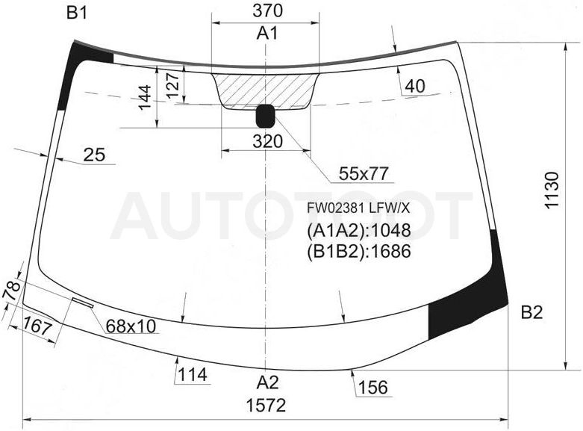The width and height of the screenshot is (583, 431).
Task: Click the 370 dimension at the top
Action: [267, 10]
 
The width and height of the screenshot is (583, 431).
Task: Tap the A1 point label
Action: [267, 34]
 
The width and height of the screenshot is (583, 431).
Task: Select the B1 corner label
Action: [77, 13]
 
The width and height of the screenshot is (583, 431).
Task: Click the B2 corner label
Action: [531, 313]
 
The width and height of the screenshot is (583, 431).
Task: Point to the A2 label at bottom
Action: [267, 382]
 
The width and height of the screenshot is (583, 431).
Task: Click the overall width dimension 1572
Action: [266, 406]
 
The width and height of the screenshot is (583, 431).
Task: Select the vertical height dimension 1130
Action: [552, 190]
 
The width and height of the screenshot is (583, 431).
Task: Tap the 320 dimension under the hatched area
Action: [268, 141]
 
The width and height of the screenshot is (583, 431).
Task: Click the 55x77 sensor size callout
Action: [364, 173]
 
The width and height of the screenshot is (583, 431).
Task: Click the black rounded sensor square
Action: [265, 116]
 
